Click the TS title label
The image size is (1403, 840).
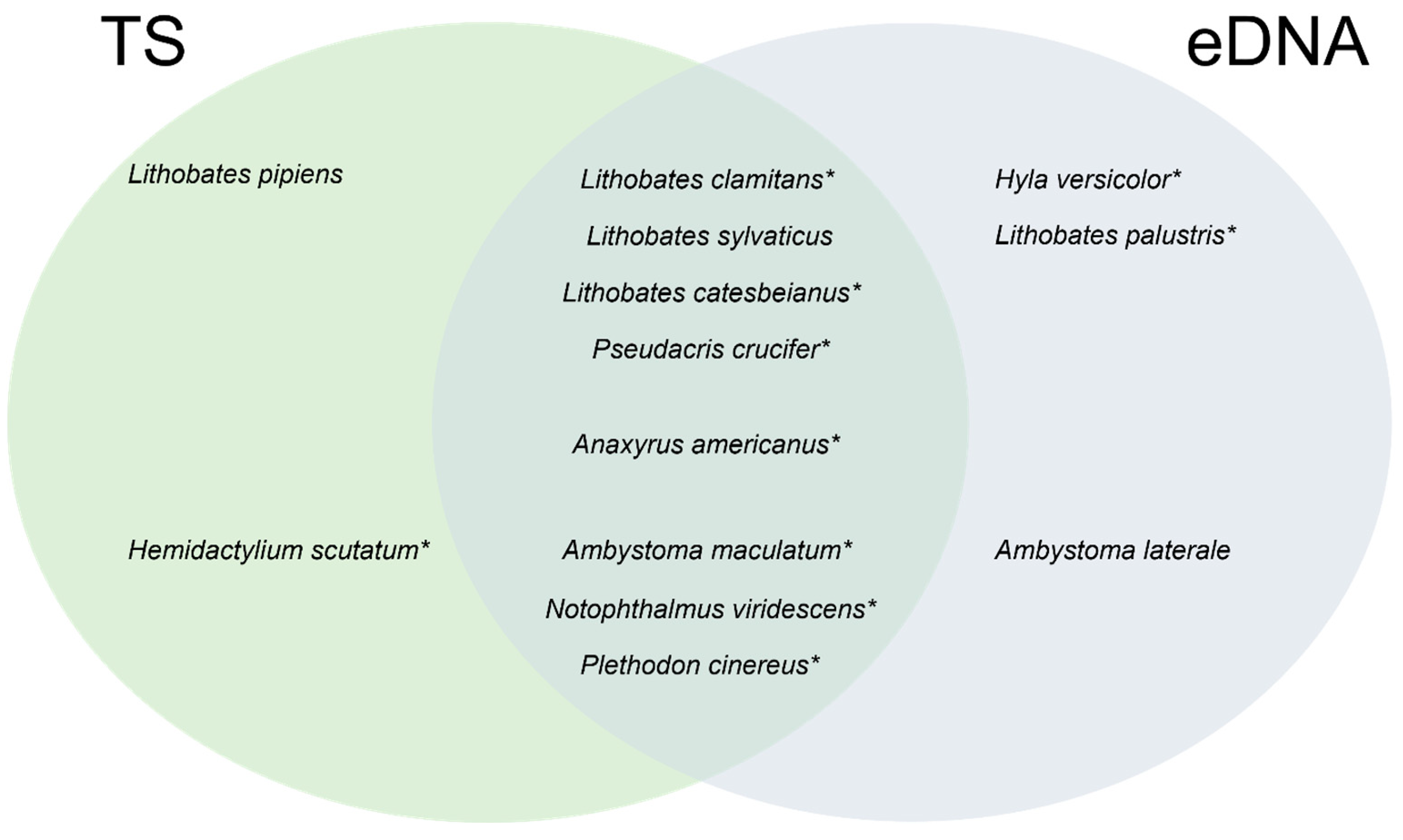pyautogui.click(x=143, y=42)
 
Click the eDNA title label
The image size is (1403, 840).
pyautogui.click(x=1277, y=42)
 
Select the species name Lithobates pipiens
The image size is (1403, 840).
pyautogui.click(x=235, y=174)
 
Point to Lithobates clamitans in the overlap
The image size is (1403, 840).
pyautogui.click(x=707, y=180)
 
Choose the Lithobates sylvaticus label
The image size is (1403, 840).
pyautogui.click(x=709, y=237)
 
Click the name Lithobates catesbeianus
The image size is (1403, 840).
pyautogui.click(x=711, y=293)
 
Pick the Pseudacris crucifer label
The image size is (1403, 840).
pyautogui.click(x=711, y=349)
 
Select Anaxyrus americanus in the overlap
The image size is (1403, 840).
pyautogui.click(x=706, y=445)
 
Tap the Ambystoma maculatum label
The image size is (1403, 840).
pyautogui.click(x=707, y=551)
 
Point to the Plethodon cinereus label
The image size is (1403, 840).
pyautogui.click(x=700, y=666)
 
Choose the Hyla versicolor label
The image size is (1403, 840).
pyautogui.click(x=1088, y=180)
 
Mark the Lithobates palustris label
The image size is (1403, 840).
pyautogui.click(x=1115, y=237)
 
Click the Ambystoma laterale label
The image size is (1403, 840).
pyautogui.click(x=1113, y=551)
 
